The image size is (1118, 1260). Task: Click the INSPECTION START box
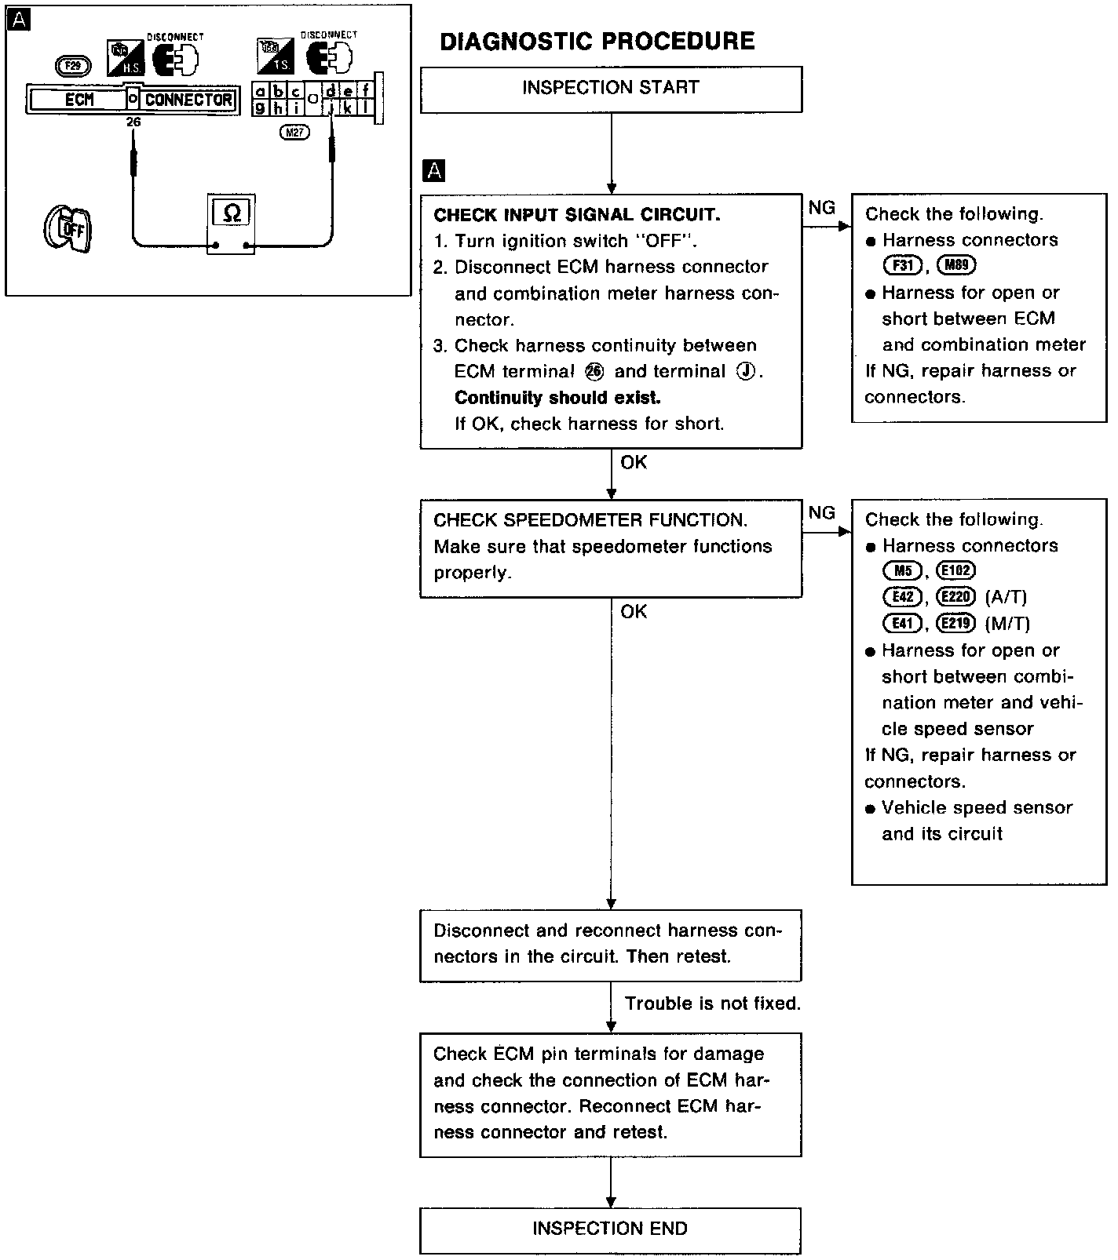click(611, 89)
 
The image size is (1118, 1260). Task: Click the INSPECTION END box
click(610, 1229)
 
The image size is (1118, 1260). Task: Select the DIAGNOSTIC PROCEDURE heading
click(597, 41)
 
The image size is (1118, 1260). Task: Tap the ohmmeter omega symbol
click(232, 213)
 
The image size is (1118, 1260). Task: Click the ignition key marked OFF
click(68, 229)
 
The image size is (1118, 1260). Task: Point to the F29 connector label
click(73, 66)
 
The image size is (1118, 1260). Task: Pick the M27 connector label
click(294, 133)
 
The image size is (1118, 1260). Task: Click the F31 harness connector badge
click(902, 266)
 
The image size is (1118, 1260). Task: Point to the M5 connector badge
click(902, 571)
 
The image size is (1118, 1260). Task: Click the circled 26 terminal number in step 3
click(595, 372)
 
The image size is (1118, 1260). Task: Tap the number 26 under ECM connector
click(133, 122)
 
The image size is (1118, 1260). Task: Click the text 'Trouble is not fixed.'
click(712, 1003)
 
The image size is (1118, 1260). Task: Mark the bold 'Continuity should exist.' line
click(557, 398)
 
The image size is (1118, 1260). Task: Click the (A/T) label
click(1005, 597)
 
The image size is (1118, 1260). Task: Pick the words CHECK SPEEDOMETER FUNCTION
click(590, 520)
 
